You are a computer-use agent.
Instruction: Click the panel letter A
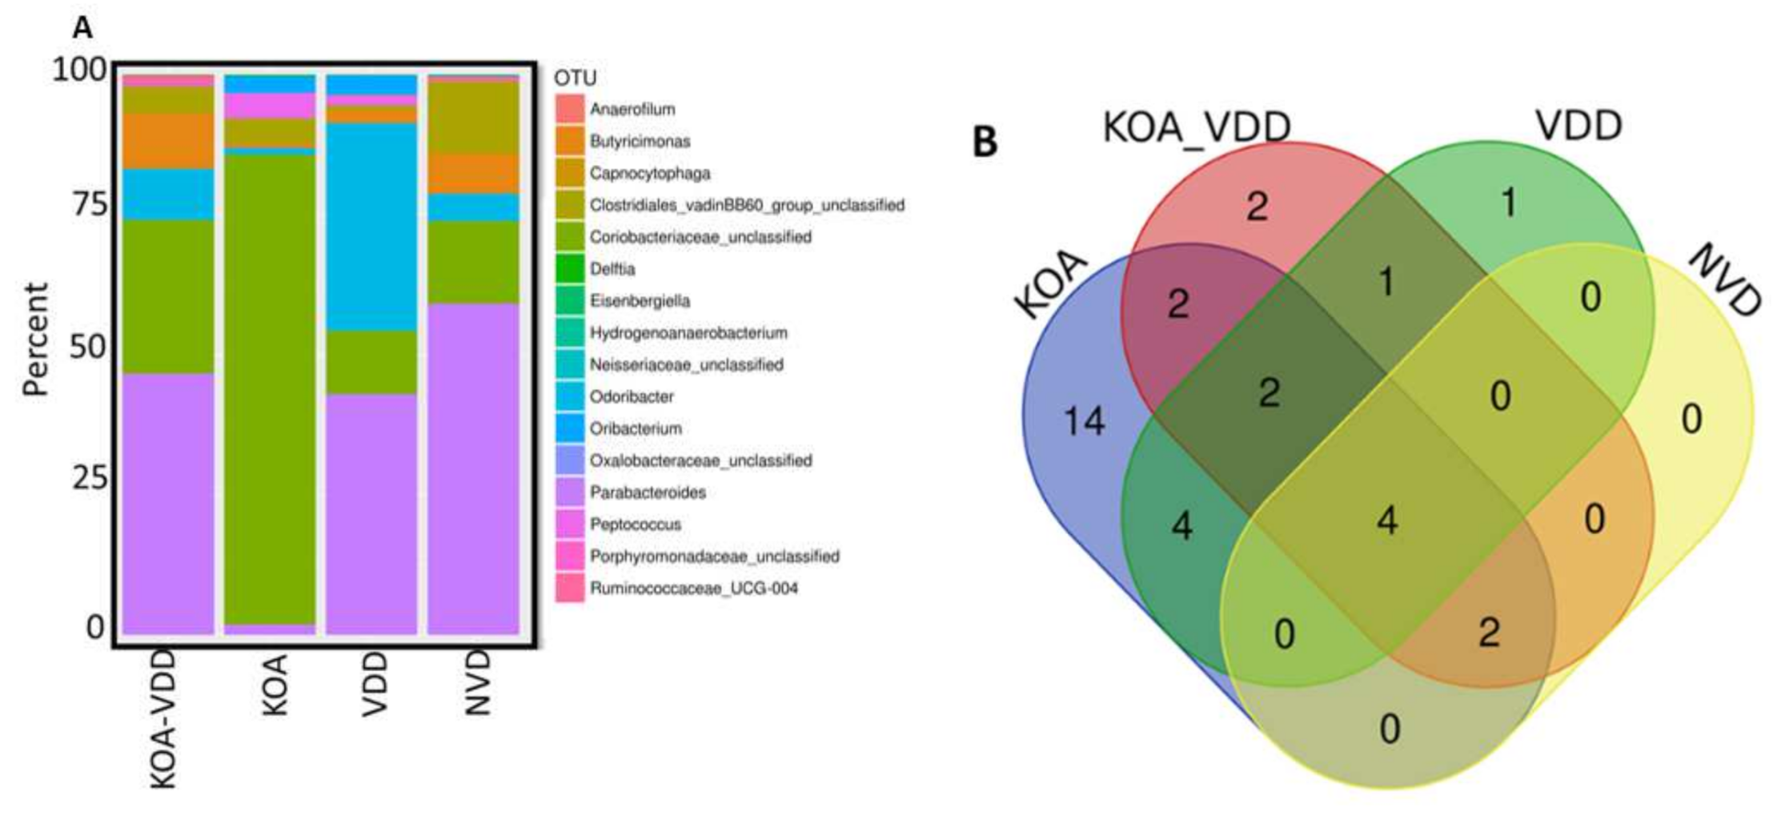[x=82, y=28]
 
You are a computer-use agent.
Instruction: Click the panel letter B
[x=985, y=143]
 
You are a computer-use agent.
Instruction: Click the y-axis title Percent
[x=36, y=340]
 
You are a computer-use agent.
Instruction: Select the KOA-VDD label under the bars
[x=163, y=719]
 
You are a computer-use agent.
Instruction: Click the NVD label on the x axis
[x=477, y=682]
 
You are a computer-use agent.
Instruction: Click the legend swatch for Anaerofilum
[x=570, y=109]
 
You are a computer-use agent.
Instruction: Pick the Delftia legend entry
[x=612, y=269]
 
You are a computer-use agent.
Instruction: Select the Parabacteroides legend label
[x=648, y=492]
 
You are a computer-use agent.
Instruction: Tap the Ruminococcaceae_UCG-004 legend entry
[x=693, y=589]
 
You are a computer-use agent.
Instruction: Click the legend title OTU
[x=576, y=78]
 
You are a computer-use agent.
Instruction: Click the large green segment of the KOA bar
[x=270, y=384]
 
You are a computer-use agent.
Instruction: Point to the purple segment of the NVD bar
[x=473, y=468]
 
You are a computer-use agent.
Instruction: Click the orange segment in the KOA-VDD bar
[x=168, y=141]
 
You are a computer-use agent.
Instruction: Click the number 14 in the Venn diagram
[x=1084, y=421]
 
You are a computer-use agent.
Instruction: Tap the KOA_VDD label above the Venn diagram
[x=1197, y=127]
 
